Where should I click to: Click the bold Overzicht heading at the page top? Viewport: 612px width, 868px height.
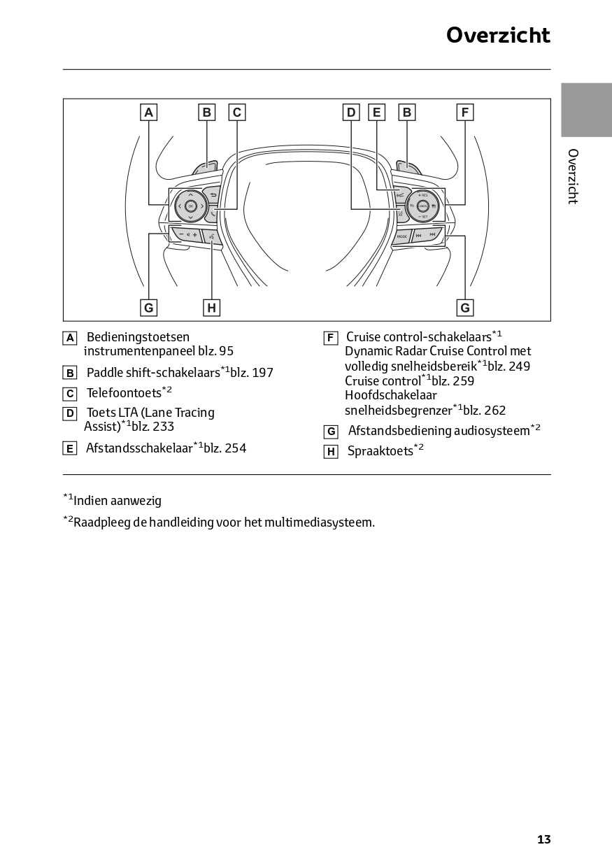498,35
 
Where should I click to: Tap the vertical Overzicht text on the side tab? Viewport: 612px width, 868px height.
573,176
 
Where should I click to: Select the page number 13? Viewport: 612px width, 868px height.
543,839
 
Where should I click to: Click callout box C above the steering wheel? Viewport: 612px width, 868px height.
237,112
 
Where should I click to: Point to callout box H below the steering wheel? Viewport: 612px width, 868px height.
211,308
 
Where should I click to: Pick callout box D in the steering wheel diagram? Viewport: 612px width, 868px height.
351,112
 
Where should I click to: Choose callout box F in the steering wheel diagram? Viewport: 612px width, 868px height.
464,112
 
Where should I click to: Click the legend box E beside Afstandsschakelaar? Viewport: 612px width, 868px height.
70,448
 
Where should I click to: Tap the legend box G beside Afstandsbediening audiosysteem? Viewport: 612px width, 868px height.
332,432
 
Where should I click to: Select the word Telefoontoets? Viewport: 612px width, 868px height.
124,393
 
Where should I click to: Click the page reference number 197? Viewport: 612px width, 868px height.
262,373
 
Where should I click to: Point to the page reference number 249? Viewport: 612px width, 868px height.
519,367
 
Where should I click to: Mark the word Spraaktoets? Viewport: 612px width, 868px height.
380,451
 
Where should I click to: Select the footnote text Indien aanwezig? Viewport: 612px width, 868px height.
118,501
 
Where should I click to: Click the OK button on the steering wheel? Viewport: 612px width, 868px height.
191,206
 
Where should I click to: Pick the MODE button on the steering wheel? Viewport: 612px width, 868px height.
402,236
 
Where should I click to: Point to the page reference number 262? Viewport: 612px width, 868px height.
494,411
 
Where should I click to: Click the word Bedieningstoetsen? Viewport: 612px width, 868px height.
138,337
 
